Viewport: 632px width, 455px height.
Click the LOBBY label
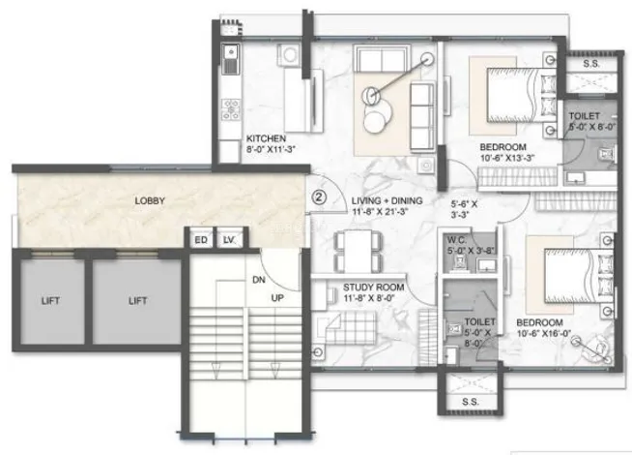[150, 200]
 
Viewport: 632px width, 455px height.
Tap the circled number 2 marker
[319, 197]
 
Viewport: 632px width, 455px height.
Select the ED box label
[201, 240]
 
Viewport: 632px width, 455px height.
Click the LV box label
[228, 240]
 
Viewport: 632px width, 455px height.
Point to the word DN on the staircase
[259, 280]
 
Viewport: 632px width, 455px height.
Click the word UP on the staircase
[277, 298]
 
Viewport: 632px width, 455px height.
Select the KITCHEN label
[266, 138]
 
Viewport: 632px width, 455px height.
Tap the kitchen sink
[231, 59]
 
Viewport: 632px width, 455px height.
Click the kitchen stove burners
[231, 109]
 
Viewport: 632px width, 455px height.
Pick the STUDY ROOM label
[374, 288]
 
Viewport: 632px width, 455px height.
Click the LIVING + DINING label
[387, 200]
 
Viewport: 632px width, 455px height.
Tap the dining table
[359, 251]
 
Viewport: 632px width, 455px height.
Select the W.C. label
[457, 240]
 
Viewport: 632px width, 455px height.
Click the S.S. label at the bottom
[471, 402]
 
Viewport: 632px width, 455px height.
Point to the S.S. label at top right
[591, 63]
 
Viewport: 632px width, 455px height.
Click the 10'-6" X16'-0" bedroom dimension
[544, 334]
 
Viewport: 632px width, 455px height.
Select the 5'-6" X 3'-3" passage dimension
[464, 209]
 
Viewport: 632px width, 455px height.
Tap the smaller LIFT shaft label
[50, 301]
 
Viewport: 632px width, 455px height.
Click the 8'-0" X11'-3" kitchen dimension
[271, 149]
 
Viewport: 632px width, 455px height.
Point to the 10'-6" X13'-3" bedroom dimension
[507, 158]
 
